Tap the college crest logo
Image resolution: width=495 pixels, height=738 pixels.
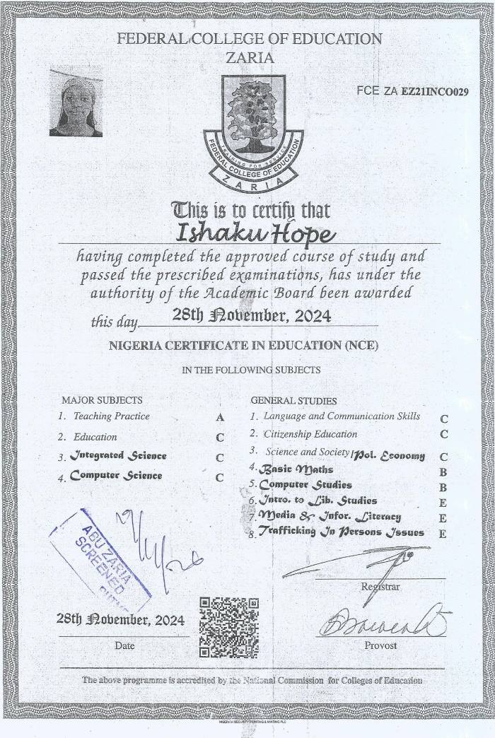click(253, 131)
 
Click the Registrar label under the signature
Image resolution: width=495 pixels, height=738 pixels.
click(380, 587)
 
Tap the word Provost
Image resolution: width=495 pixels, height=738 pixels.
click(380, 645)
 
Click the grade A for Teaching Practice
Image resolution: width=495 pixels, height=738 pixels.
click(220, 418)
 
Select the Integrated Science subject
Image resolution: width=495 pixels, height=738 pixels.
click(118, 456)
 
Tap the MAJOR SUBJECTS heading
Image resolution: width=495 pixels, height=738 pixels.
click(102, 400)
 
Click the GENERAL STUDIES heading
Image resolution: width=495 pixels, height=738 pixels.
click(293, 401)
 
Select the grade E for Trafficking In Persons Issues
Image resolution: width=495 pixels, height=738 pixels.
click(443, 534)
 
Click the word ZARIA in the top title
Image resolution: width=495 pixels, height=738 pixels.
click(250, 58)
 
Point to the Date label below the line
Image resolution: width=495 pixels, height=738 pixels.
click(124, 645)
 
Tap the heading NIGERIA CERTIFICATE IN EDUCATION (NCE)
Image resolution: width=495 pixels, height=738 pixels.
click(243, 346)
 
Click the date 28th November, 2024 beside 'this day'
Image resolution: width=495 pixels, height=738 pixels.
click(252, 316)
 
